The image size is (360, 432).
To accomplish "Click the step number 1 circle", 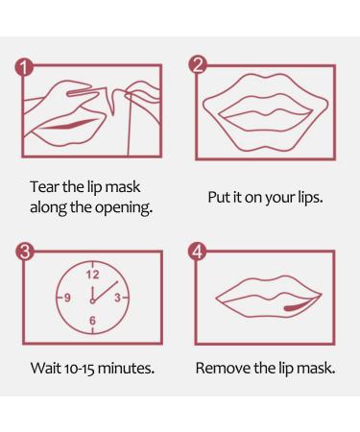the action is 24,67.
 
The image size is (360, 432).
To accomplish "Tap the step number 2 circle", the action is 198,65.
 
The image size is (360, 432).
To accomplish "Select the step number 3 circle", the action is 25,252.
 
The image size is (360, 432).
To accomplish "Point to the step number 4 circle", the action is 198,252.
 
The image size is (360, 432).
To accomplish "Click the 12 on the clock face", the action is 92,275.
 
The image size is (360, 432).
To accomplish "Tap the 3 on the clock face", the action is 117,298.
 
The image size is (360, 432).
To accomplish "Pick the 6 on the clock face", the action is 92,321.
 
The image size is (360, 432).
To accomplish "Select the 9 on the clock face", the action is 67,298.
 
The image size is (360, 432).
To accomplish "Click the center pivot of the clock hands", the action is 92,301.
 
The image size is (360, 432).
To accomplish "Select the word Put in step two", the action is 219,197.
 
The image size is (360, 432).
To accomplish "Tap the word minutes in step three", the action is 126,368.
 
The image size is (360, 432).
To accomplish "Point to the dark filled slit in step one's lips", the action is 70,124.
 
